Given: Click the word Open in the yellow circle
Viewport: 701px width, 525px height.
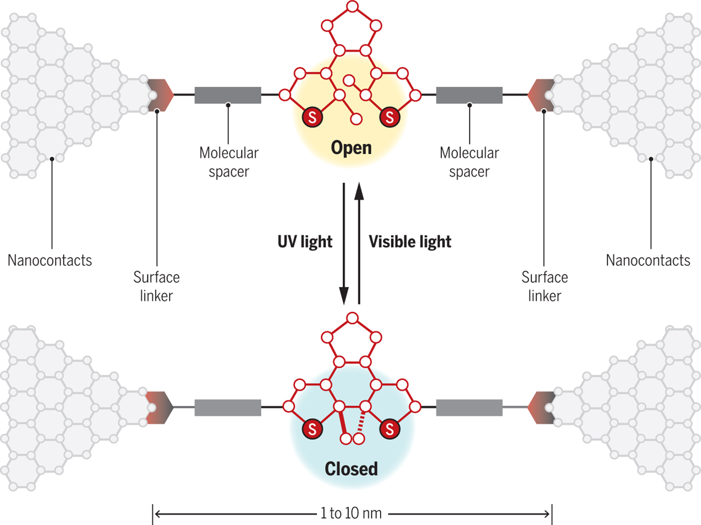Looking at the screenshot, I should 351,148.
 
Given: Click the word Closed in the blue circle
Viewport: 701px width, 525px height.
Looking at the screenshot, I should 351,469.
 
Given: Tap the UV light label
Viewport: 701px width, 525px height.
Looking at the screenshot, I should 304,242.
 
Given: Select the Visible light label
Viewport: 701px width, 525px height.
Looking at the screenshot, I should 410,242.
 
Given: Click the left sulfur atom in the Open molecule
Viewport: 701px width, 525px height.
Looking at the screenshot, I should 312,116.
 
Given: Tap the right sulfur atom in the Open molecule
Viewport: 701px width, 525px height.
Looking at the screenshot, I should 389,116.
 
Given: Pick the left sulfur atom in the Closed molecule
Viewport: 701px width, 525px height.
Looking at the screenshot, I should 312,429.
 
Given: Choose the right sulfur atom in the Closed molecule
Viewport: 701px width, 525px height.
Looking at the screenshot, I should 389,429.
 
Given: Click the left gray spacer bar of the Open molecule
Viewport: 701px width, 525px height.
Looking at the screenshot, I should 228,95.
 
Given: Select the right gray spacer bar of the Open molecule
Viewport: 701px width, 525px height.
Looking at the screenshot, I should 469,95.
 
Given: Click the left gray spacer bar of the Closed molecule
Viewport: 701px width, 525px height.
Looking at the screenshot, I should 228,407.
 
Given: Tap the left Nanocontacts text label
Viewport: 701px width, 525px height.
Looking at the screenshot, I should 50,260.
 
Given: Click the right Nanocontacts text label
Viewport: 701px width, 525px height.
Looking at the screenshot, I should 648,260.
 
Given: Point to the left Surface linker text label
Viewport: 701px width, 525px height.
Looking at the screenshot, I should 157,286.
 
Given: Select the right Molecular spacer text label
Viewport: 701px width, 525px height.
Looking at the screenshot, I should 469,162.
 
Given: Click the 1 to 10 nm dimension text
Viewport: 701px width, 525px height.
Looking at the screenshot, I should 351,514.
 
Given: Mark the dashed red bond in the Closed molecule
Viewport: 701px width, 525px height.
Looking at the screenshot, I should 361,422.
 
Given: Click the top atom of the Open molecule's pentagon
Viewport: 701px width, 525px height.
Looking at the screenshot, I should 353,7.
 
